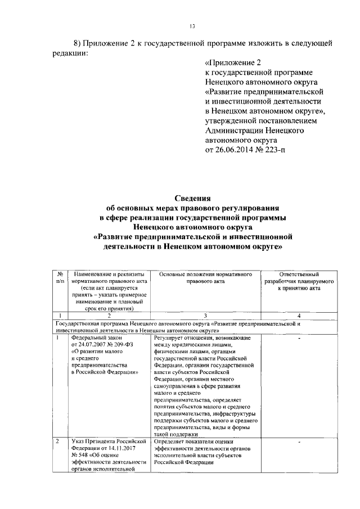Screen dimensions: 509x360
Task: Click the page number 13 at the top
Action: (x=191, y=26)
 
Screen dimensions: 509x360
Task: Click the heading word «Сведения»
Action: (x=191, y=198)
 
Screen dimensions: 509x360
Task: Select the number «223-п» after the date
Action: (x=267, y=151)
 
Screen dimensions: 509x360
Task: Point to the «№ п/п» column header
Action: (x=61, y=277)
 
